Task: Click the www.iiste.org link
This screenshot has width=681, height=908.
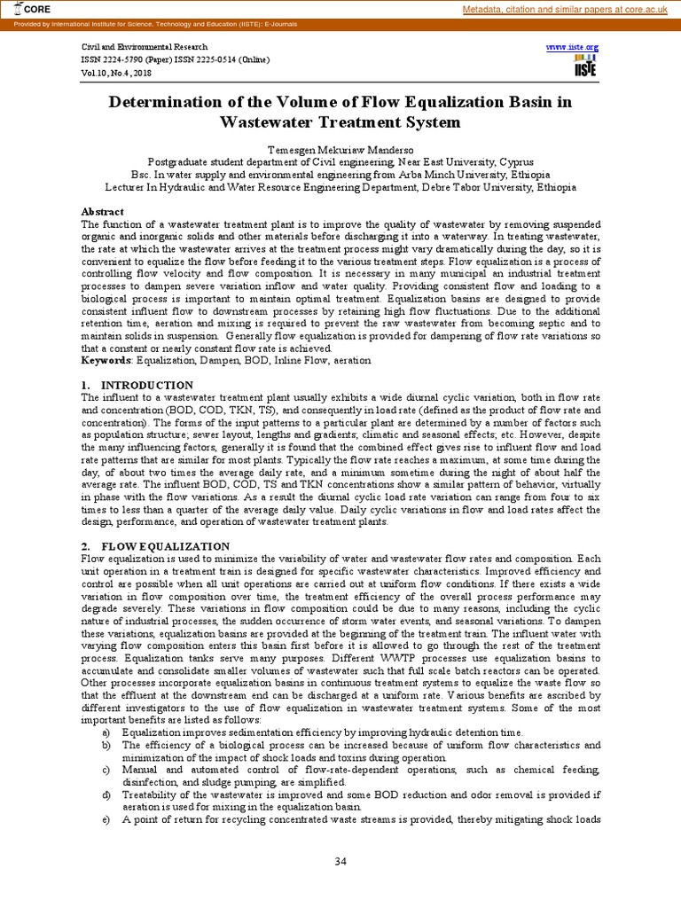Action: click(572, 46)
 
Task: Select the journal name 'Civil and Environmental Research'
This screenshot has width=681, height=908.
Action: click(145, 46)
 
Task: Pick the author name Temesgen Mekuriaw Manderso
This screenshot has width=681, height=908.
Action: click(340, 151)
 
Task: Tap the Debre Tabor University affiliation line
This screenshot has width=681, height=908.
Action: click(340, 187)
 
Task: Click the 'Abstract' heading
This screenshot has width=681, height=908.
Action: click(103, 212)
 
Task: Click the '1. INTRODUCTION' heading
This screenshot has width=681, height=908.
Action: click(137, 386)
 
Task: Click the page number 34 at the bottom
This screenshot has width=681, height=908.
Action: click(340, 862)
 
